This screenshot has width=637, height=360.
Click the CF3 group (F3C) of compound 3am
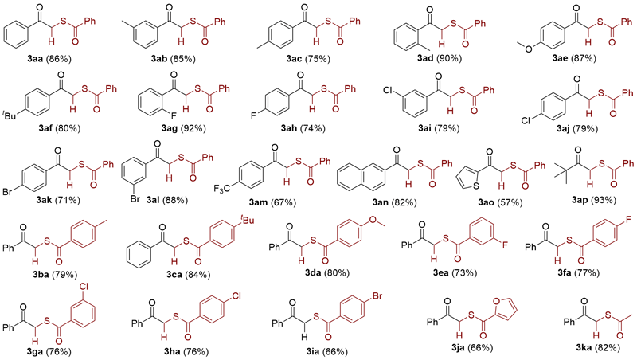pyautogui.click(x=249, y=188)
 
